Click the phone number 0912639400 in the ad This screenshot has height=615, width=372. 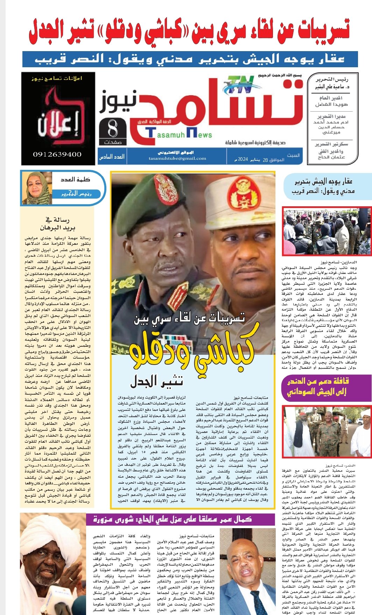coord(57,154)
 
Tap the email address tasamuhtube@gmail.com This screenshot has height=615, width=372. coord(177,158)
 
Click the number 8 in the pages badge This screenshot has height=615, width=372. coord(113,129)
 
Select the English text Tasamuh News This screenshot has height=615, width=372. coord(180,133)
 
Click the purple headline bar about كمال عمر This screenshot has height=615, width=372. coord(173,519)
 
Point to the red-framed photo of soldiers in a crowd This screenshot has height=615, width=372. coord(327,232)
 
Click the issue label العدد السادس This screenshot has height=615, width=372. coord(112,157)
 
